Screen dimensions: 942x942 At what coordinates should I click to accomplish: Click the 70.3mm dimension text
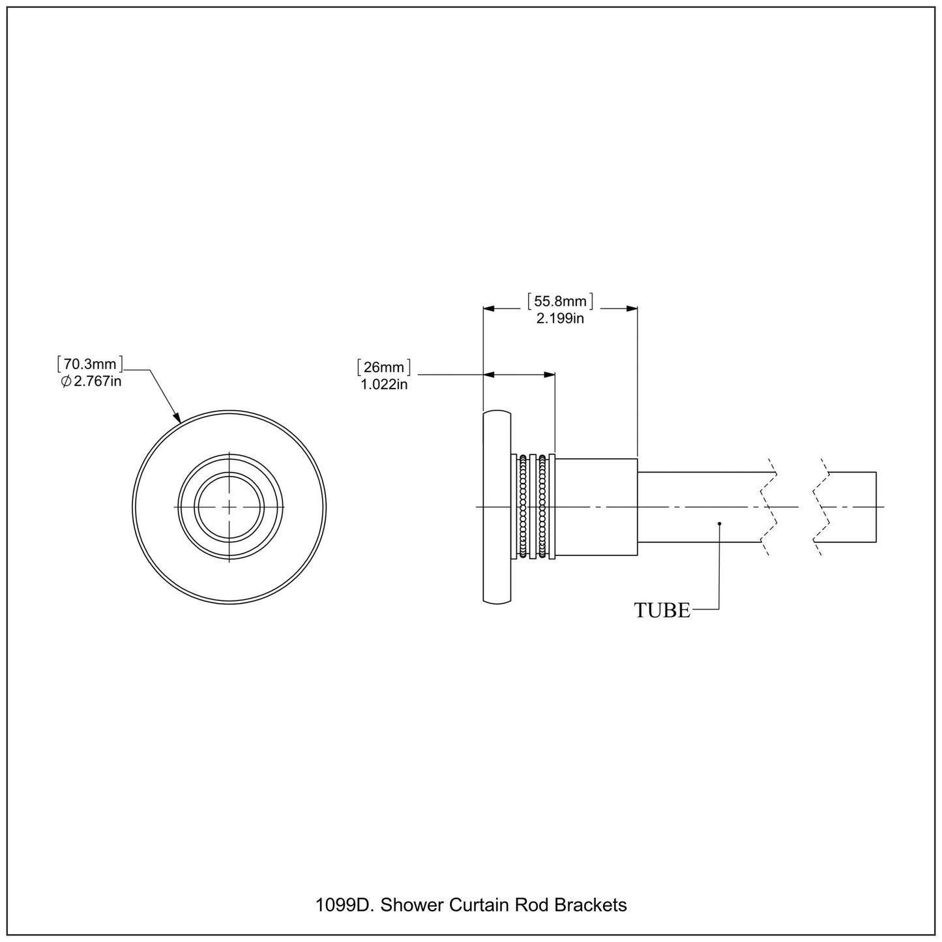91,364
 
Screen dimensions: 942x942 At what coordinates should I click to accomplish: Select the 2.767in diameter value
96,381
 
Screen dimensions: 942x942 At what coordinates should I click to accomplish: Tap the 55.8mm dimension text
560,301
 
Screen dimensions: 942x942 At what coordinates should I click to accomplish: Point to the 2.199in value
560,319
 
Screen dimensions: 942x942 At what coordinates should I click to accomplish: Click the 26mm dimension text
384,367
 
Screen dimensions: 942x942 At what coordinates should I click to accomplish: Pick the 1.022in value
384,385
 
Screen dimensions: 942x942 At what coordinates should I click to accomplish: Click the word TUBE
662,610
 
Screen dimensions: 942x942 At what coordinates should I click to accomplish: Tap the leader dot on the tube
719,523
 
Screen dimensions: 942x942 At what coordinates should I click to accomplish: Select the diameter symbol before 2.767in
65,382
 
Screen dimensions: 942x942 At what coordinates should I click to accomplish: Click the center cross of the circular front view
229,507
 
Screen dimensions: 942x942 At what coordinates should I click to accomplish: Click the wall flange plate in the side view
496,507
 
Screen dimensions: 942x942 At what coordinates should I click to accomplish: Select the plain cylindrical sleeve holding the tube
596,507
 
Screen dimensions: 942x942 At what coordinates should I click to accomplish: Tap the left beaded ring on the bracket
523,507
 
